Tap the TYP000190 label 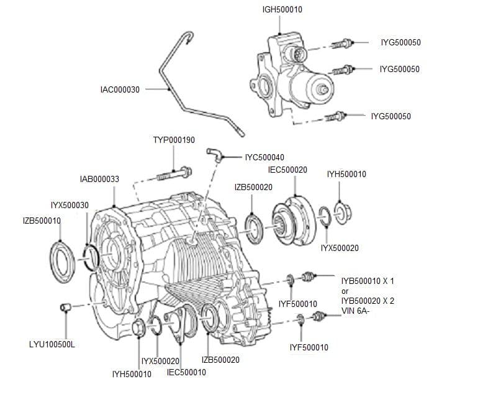pyautogui.click(x=174, y=140)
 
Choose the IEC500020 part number pyautogui.click(x=287, y=170)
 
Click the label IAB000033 pyautogui.click(x=99, y=179)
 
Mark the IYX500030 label pyautogui.click(x=70, y=206)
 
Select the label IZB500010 pyautogui.click(x=42, y=221)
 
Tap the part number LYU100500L pyautogui.click(x=52, y=344)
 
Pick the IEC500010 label pyautogui.click(x=186, y=372)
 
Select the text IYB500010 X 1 pyautogui.click(x=368, y=281)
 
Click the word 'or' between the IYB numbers pyautogui.click(x=345, y=291)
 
